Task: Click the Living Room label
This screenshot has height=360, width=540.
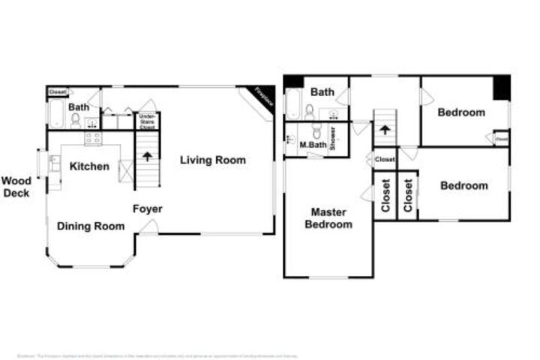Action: [212, 160]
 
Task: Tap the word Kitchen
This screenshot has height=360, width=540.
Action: [89, 166]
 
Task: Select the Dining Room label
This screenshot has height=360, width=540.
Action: [91, 226]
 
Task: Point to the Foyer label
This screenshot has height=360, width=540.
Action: [148, 208]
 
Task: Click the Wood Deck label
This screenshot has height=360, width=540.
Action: [16, 187]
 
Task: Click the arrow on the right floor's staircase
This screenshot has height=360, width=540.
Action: [384, 129]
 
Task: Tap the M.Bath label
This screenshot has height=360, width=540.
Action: [310, 145]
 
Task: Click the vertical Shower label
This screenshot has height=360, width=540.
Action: [333, 139]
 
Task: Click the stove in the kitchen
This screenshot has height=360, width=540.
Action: [93, 138]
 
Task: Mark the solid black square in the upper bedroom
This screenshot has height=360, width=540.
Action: [501, 88]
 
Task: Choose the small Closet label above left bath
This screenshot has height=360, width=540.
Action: [58, 92]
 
